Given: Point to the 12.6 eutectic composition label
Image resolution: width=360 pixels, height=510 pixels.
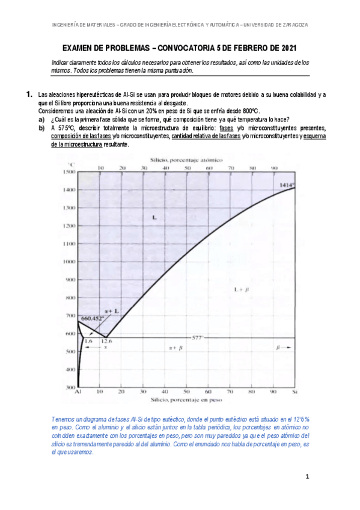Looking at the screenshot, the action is [x=106, y=341].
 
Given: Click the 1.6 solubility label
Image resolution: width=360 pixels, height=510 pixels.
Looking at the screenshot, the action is [x=88, y=341].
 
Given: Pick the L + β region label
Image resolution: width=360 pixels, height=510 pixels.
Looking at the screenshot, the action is [x=241, y=290].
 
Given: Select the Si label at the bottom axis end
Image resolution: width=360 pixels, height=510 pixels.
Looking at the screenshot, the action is [x=294, y=392].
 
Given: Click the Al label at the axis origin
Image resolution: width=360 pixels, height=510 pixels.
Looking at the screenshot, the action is [x=78, y=392].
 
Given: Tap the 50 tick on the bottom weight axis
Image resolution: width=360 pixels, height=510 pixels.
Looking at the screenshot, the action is [x=187, y=392].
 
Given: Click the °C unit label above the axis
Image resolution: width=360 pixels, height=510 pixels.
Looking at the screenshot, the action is [x=72, y=164].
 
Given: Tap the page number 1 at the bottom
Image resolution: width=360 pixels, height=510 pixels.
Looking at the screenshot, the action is [x=307, y=478].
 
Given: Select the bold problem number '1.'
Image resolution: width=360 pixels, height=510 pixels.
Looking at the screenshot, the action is [x=28, y=95].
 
